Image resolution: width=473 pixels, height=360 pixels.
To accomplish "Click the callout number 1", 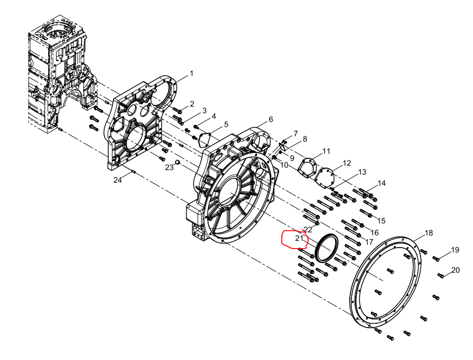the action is (x=191, y=74).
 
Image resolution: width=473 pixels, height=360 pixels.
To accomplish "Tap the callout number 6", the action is (x=271, y=119).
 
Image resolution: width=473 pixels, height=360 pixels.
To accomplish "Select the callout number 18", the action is (x=429, y=233).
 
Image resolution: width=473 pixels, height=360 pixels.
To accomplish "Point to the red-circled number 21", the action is (x=299, y=238).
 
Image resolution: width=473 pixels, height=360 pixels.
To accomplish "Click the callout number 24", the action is (x=118, y=180).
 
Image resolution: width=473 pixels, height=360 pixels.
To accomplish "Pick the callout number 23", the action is (x=169, y=167).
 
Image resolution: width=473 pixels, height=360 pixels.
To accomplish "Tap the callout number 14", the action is (x=382, y=183).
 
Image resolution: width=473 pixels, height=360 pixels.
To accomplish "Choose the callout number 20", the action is (x=456, y=270).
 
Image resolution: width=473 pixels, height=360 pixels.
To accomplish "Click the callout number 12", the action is (x=347, y=163).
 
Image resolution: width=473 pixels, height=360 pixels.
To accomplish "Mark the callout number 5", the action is (x=226, y=125).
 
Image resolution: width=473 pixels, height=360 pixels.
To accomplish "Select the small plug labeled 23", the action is (x=177, y=163).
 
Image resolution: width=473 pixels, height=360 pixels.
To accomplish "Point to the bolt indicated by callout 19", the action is (x=436, y=258).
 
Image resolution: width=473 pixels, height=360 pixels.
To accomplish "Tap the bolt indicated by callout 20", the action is (x=441, y=275).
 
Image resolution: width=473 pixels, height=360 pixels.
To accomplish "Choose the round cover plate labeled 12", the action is (x=324, y=178).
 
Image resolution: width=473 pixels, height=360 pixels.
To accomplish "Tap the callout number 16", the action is (x=375, y=232).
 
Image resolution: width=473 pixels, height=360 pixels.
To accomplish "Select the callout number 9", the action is (x=292, y=158).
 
